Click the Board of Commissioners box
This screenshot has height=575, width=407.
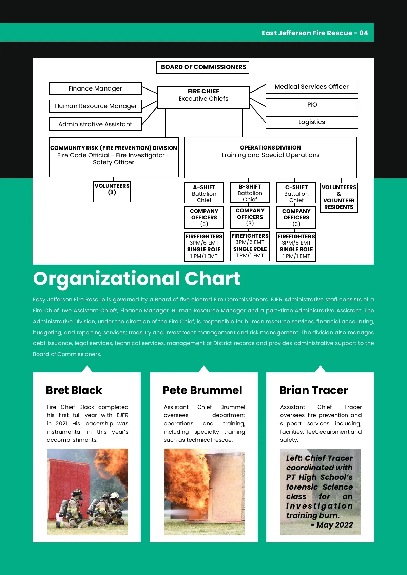point(203,67)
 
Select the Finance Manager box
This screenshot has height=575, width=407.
point(95,88)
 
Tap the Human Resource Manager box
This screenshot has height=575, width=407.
point(95,106)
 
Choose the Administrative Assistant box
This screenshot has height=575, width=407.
point(95,124)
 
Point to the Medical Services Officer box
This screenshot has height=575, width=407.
point(312,87)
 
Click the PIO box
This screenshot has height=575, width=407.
point(312,105)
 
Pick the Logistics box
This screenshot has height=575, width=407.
point(312,122)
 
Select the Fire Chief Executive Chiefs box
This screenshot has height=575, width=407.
point(203,97)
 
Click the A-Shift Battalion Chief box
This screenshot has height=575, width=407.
point(204,193)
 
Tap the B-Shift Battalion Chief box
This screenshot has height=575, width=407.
point(250,193)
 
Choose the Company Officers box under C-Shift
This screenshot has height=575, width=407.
point(296,217)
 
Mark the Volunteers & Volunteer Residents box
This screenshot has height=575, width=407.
point(339,197)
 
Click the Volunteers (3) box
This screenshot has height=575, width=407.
point(112,192)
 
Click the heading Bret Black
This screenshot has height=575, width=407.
point(74,390)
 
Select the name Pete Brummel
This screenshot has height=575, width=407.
point(202,390)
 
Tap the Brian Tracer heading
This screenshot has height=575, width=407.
point(314,390)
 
